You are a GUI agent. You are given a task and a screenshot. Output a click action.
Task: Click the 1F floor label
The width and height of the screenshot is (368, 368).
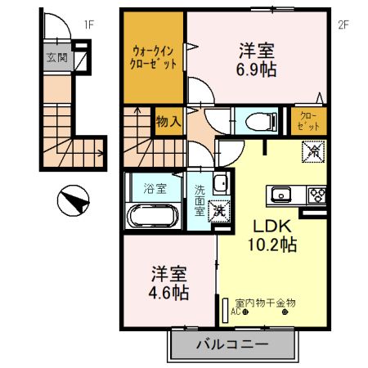(88, 25)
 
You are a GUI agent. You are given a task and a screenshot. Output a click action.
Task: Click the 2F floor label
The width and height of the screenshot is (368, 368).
(343, 25)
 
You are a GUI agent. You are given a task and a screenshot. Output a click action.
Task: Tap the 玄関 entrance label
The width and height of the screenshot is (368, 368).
(57, 59)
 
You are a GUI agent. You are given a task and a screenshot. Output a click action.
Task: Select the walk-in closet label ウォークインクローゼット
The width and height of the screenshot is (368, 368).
(154, 56)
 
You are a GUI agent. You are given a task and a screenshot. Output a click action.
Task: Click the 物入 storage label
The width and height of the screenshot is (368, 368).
(168, 122)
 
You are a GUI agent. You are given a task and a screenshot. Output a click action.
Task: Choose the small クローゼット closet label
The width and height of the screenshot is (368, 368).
(310, 122)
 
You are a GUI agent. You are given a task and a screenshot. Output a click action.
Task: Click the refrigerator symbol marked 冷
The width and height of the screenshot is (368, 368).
(312, 151)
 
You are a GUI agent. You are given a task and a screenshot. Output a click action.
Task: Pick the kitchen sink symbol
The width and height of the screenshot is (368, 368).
(281, 195)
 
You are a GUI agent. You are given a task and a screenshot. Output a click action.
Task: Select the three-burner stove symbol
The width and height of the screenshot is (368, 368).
(316, 195)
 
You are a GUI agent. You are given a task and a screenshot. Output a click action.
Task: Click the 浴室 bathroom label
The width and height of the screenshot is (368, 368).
(154, 186)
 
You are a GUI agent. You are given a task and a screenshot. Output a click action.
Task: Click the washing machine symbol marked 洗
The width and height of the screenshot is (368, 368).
(219, 210)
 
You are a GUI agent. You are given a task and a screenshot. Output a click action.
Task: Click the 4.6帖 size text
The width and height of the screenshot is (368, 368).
(169, 291)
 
